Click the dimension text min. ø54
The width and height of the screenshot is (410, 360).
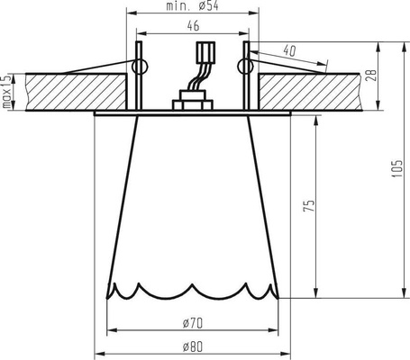192,7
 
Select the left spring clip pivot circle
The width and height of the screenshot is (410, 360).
139,67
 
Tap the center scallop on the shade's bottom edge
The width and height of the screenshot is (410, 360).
192,290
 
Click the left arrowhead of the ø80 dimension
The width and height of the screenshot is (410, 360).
99,352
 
